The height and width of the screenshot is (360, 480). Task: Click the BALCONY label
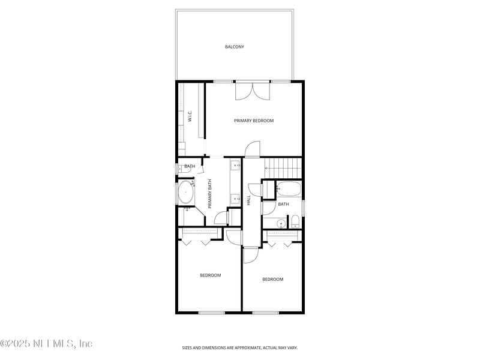(x=234, y=47)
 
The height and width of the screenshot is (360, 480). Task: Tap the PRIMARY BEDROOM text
(x=253, y=121)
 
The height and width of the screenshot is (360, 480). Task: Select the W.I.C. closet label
(x=189, y=116)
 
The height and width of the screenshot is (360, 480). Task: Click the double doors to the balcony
(x=253, y=90)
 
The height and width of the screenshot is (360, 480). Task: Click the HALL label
(x=248, y=200)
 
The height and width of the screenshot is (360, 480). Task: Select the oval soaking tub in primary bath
(x=185, y=193)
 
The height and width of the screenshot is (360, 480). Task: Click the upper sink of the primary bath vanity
(x=236, y=165)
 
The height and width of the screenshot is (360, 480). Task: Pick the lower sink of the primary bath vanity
(x=236, y=197)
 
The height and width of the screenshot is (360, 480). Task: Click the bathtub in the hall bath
(x=288, y=189)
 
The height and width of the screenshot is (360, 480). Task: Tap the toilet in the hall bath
(x=295, y=224)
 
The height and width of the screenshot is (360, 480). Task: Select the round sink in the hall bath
(x=280, y=224)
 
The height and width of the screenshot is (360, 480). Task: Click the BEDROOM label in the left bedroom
(x=210, y=275)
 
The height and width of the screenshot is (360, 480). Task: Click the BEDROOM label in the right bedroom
(x=272, y=279)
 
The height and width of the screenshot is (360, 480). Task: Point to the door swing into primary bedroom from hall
(x=253, y=149)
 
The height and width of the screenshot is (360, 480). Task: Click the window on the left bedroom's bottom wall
(x=211, y=312)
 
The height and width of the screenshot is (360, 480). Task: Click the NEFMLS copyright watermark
(x=46, y=344)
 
